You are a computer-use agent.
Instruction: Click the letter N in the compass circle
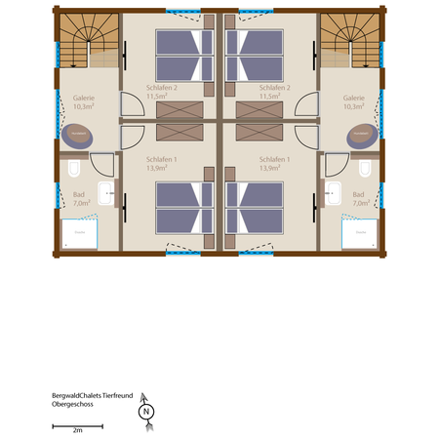coord(145,412)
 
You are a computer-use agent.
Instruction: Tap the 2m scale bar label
coord(77,429)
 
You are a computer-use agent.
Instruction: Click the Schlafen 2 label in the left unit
coord(162,88)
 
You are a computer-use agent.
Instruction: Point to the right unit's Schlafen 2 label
coord(276,88)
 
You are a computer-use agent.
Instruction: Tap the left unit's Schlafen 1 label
coord(162,158)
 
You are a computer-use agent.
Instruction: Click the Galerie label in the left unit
coord(85,99)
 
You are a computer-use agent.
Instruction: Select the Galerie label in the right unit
coord(354,99)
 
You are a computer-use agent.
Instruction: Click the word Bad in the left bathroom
coord(78,195)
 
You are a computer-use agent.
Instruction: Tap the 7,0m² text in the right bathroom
coord(360,204)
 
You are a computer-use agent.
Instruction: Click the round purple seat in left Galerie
coord(76,135)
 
